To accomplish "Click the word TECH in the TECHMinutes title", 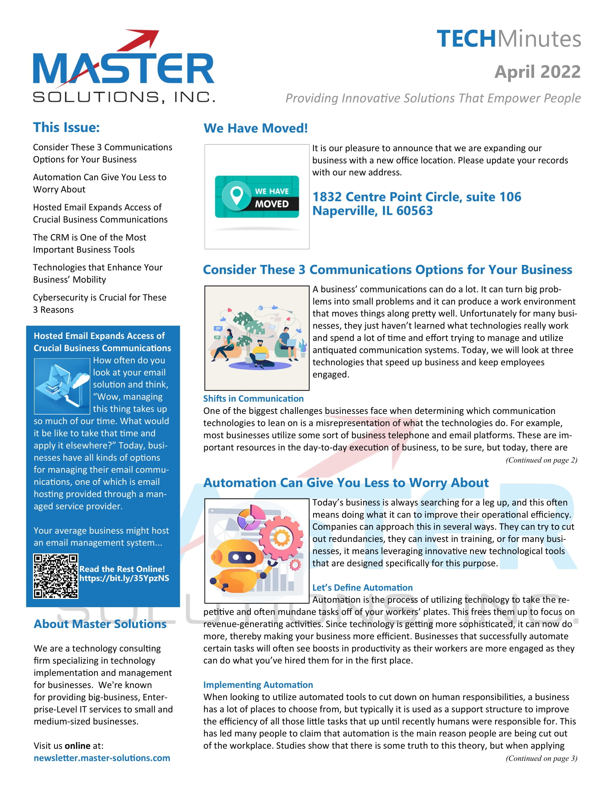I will (x=466, y=39).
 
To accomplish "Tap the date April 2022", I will (x=537, y=71).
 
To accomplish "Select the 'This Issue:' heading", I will (x=66, y=128).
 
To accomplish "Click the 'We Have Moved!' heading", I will (x=255, y=128).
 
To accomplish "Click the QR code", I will (x=56, y=576).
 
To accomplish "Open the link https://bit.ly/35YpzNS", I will (x=124, y=578).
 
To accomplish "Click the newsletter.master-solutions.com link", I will (x=102, y=758).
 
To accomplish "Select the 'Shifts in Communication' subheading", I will (x=253, y=398).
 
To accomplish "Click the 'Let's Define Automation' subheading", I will (x=362, y=587).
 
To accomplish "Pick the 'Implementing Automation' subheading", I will (x=258, y=685).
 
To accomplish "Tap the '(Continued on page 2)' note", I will (x=541, y=460).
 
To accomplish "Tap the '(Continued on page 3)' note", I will (x=541, y=758).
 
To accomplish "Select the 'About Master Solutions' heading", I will (x=100, y=624).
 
